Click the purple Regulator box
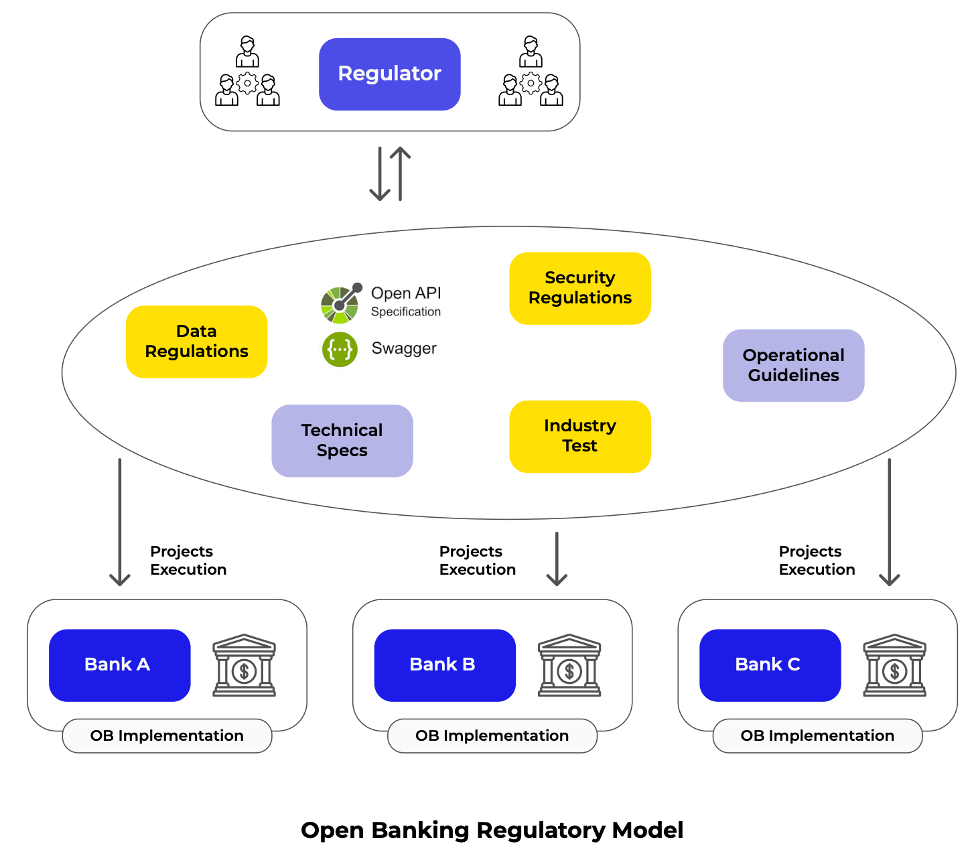[x=389, y=74]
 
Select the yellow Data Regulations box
[x=196, y=342]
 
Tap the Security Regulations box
[x=579, y=288]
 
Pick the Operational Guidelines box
[x=793, y=365]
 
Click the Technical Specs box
[x=342, y=440]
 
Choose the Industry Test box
[x=579, y=436]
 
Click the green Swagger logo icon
[x=340, y=350]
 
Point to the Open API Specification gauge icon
[x=341, y=303]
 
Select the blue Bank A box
[x=119, y=664]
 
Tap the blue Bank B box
[x=444, y=664]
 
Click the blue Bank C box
[x=770, y=664]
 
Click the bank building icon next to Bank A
[x=244, y=665]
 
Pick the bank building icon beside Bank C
[x=894, y=665]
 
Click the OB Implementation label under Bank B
[x=492, y=735]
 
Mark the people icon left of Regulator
[x=247, y=72]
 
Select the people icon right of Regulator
[x=531, y=72]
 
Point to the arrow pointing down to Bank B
[x=557, y=559]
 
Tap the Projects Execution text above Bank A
[x=188, y=561]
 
